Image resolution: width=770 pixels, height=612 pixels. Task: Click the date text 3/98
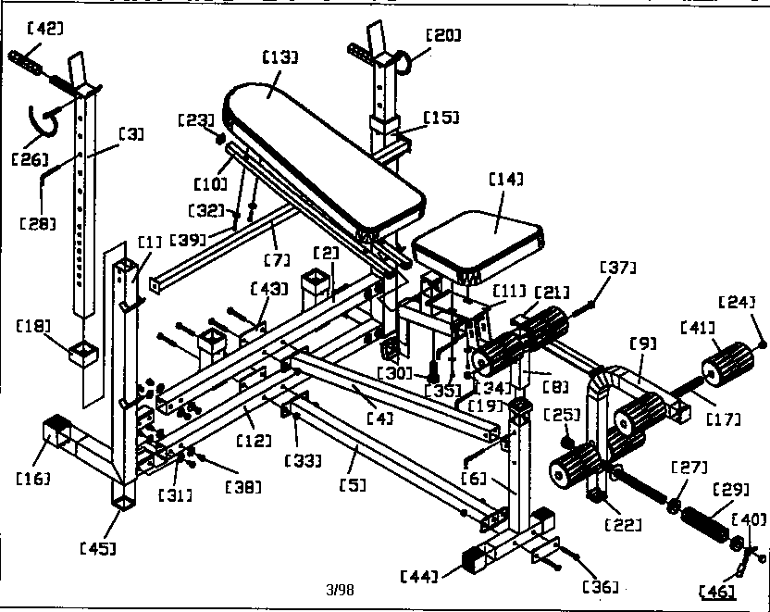point(341,589)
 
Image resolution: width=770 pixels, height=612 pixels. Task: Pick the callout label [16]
point(32,478)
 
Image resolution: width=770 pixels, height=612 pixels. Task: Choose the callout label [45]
point(98,548)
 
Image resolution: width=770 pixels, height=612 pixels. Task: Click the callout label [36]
point(600,585)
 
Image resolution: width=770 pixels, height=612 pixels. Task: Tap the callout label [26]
point(30,158)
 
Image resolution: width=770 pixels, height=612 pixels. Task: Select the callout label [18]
point(35,325)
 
